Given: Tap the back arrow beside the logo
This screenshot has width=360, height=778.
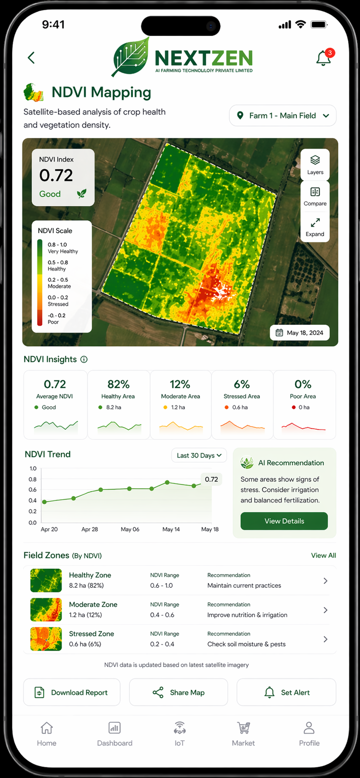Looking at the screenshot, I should point(31,58).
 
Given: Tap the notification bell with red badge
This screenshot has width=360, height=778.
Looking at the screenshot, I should point(324,58).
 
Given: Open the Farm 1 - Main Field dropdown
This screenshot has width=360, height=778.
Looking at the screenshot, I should point(282,116).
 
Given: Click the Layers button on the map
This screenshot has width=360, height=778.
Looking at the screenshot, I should point(315,164).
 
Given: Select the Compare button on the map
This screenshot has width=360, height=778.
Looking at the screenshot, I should point(315,196).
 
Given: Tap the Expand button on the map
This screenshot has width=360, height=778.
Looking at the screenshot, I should point(315,227).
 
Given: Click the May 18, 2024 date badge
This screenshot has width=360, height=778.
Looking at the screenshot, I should point(300,332).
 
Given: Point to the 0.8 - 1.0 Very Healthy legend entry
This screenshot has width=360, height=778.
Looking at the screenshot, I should point(62,248).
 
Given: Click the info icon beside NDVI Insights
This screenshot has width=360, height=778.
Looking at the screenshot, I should point(84,359).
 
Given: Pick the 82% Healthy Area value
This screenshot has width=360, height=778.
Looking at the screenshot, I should point(118,384).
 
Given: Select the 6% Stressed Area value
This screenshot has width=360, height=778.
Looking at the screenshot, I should point(242,384).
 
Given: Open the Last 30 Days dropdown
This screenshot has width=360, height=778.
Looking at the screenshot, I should point(199,455).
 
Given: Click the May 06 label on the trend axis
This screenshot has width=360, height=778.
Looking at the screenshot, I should point(130,529).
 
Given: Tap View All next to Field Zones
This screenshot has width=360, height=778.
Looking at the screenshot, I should point(323,555).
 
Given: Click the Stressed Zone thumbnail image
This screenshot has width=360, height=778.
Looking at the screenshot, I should point(46,639).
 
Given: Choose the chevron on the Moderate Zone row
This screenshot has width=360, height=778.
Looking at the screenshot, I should point(325,610).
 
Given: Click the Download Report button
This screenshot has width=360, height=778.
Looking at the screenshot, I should point(72,692).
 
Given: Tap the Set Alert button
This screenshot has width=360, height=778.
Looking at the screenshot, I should point(286,692).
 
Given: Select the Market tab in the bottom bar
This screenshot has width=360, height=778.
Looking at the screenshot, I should point(243,734).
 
